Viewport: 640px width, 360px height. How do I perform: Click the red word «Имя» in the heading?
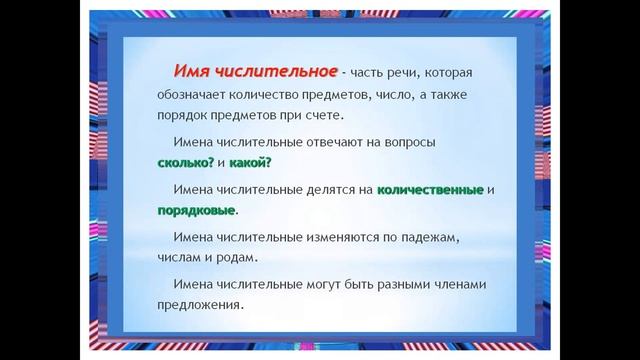tap(191, 71)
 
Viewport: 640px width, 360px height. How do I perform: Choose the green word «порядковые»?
tap(196, 211)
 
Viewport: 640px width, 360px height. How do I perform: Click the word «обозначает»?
tap(197, 97)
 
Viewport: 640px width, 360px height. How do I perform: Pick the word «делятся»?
tap(331, 190)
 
